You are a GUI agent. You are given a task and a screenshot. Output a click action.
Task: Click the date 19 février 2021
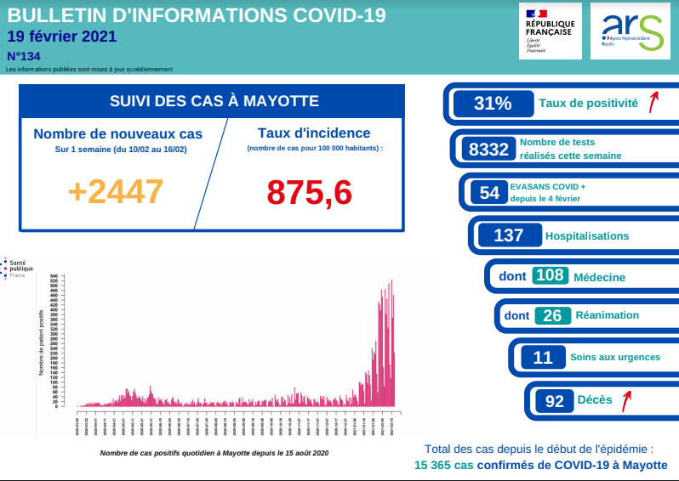[61, 37]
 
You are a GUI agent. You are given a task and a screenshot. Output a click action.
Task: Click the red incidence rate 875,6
[310, 192]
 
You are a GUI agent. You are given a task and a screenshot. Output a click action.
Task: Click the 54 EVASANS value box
[489, 193]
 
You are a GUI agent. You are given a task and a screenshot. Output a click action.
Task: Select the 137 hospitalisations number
[509, 235]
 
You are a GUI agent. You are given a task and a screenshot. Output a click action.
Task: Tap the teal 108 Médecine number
[550, 275]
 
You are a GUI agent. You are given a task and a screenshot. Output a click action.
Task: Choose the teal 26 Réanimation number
[552, 315]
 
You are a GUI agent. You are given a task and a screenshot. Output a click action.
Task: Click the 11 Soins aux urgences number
[542, 358]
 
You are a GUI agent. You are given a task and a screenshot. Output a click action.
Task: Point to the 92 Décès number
[555, 401]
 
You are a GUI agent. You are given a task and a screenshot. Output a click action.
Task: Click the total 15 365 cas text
[442, 465]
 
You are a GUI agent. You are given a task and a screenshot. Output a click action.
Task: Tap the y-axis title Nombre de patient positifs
[42, 342]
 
